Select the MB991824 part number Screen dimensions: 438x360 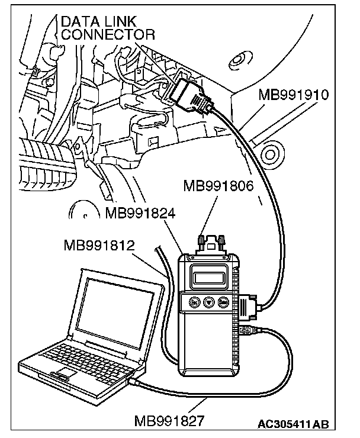[140, 212]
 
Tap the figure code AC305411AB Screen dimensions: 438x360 [293, 425]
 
